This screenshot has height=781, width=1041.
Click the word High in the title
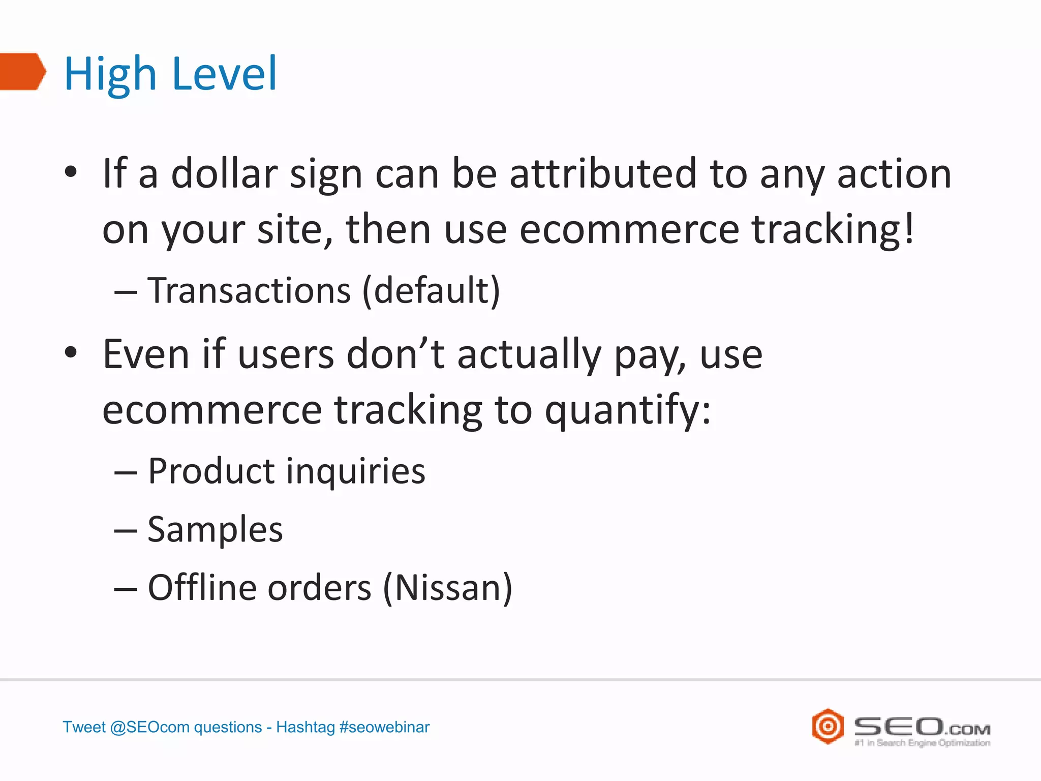(x=110, y=74)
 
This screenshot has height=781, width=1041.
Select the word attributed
(x=602, y=174)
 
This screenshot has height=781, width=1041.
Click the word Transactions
(x=249, y=291)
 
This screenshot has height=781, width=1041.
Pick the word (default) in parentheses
(x=432, y=291)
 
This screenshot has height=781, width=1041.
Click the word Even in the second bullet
(x=146, y=354)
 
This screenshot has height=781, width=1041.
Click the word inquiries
(x=355, y=471)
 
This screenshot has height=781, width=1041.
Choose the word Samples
(x=215, y=529)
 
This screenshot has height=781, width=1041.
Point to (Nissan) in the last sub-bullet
(x=447, y=588)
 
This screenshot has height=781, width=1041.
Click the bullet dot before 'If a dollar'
(x=71, y=172)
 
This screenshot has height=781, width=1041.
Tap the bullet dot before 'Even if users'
(x=71, y=352)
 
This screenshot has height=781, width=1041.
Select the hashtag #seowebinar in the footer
(x=384, y=727)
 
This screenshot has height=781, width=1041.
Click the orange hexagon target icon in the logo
(x=828, y=726)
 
